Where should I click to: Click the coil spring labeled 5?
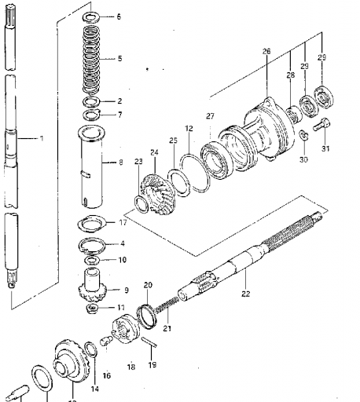(91, 60)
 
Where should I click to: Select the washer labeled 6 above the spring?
(91, 18)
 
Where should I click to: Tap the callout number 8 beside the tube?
(120, 163)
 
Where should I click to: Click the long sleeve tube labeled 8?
(91, 166)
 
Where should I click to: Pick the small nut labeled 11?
(92, 308)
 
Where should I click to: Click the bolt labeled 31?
(321, 125)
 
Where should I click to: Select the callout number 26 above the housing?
(266, 51)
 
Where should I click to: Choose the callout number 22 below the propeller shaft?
(246, 294)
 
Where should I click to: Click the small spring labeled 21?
(167, 305)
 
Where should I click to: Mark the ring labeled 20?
(147, 316)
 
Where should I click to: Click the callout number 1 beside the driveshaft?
(42, 138)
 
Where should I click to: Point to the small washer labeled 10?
(92, 261)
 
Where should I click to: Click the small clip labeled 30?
(303, 134)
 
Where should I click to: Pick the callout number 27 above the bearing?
(210, 116)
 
